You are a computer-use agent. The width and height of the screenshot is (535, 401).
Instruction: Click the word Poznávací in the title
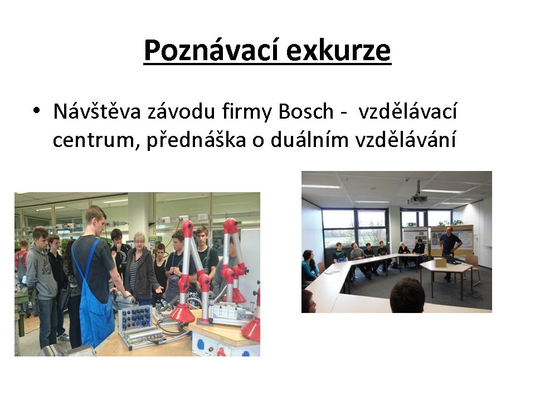pyautogui.click(x=212, y=51)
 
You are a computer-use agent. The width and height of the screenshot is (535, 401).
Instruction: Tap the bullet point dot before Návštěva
pyautogui.click(x=37, y=110)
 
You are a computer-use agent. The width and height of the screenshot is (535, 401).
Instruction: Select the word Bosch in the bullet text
pyautogui.click(x=306, y=111)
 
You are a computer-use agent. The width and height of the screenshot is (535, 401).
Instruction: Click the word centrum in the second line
pyautogui.click(x=94, y=140)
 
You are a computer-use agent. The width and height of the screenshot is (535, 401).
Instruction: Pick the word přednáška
pyautogui.click(x=196, y=140)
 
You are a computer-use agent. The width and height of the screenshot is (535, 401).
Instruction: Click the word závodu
pyautogui.click(x=181, y=111)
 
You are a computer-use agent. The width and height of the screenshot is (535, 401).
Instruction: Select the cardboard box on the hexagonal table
pyautogui.click(x=440, y=262)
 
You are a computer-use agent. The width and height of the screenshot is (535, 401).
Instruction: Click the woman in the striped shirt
pyautogui.click(x=140, y=268)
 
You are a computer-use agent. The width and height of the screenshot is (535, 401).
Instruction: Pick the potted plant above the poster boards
pyautogui.click(x=450, y=223)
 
